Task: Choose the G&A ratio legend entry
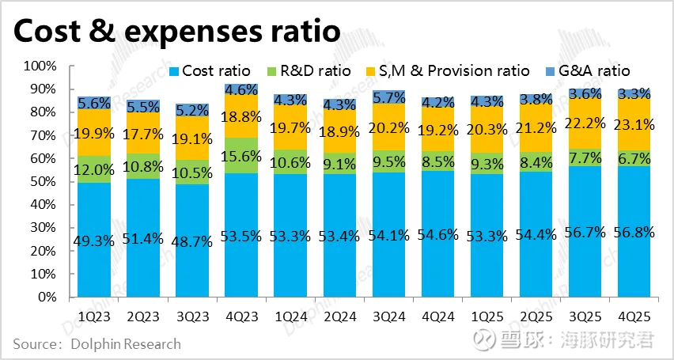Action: click(x=589, y=70)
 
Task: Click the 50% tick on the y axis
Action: click(x=41, y=182)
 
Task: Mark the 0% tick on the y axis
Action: click(x=46, y=298)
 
